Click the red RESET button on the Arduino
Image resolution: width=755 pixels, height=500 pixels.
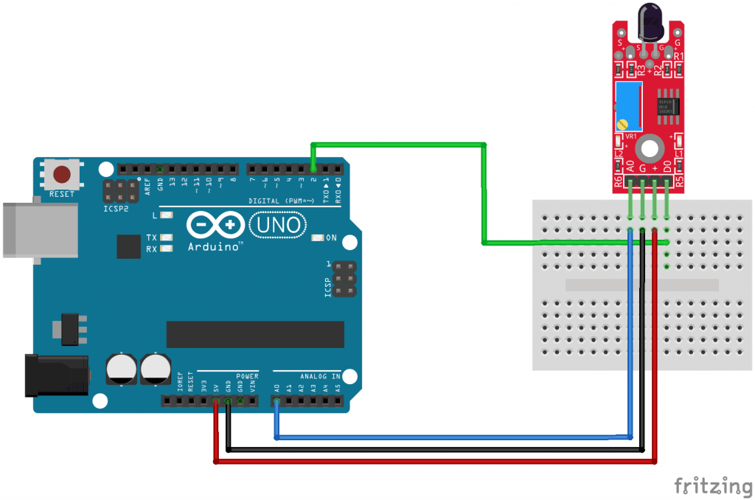62,174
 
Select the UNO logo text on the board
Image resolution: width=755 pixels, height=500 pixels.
277,224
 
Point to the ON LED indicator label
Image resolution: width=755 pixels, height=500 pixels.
331,238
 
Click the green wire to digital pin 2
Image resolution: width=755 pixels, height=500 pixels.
398,145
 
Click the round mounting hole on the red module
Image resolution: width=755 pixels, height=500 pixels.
649,148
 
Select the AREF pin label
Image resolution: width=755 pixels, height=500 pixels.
147,184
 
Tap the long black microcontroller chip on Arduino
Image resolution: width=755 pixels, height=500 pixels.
254,334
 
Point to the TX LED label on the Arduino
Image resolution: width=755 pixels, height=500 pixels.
151,237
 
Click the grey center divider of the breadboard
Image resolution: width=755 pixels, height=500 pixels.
641,285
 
